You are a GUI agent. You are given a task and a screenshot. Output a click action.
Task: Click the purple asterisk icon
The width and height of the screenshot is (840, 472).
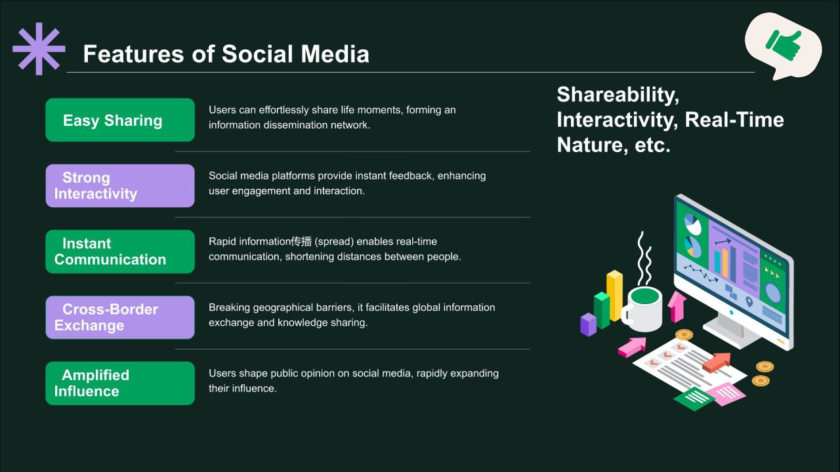39,49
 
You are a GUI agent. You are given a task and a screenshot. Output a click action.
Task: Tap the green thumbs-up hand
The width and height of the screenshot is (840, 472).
784,46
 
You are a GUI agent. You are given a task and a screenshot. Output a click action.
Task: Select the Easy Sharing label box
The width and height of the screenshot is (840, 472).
120,120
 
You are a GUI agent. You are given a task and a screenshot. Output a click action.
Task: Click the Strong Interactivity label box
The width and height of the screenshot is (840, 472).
120,186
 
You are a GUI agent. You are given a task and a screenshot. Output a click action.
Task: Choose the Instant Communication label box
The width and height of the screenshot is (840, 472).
120,251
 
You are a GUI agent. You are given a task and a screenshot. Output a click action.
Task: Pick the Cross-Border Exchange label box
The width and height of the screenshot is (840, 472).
120,317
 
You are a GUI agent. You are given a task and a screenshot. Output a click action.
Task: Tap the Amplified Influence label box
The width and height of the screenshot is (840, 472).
120,383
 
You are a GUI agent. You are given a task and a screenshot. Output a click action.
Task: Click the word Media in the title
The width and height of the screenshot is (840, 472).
335,54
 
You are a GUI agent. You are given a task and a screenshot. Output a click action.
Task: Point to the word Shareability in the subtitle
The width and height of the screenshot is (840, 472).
618,95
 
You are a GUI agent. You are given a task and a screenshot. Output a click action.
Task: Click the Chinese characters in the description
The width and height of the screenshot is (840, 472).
301,242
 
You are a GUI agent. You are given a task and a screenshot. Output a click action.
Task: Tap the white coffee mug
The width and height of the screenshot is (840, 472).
642,309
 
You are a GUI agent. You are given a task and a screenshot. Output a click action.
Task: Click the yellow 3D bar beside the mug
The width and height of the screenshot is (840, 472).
615,296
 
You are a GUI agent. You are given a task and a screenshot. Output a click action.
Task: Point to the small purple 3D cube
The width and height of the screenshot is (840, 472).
589,324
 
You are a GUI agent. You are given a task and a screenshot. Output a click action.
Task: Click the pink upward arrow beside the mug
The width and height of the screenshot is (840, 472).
677,307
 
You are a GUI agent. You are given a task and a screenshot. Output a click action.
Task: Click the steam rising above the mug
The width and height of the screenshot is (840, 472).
644,258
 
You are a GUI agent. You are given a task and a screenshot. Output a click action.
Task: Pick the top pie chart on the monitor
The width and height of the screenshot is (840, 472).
692,224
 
